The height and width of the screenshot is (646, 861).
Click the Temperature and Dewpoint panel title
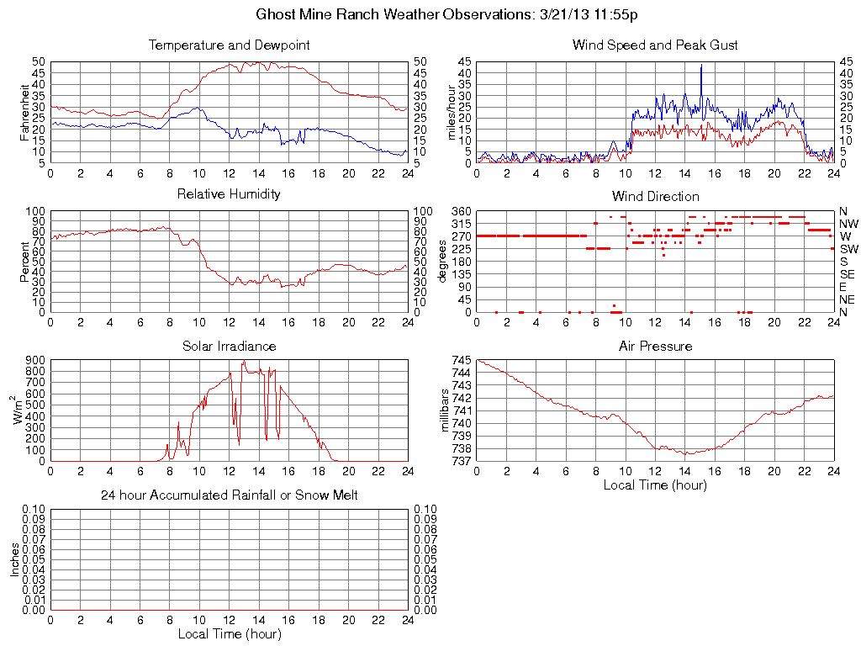[x=229, y=45]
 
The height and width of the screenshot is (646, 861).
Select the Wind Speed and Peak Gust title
[x=655, y=45]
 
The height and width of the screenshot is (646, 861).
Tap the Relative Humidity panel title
[x=229, y=194]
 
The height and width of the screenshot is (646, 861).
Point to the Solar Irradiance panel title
[x=229, y=346]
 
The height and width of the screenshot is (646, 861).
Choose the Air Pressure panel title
[x=655, y=346]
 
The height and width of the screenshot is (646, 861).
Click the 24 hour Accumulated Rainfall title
[x=229, y=495]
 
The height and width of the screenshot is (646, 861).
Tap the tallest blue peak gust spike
[x=701, y=66]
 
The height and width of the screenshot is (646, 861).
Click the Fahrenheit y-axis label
[x=24, y=112]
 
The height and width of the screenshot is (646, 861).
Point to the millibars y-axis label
[x=446, y=410]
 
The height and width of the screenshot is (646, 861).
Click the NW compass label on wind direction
[x=848, y=224]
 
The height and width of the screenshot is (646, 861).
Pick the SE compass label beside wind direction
[x=848, y=274]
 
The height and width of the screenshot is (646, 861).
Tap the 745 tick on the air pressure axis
[x=462, y=360]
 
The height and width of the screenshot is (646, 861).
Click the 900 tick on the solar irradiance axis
[x=35, y=360]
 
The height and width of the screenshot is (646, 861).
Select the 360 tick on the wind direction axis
[x=462, y=210]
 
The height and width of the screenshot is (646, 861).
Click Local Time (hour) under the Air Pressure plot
[x=655, y=484]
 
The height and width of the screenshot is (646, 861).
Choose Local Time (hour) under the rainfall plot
[x=229, y=633]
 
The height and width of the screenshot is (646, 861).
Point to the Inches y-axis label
[x=14, y=559]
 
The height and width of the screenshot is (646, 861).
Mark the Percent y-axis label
[x=24, y=261]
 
